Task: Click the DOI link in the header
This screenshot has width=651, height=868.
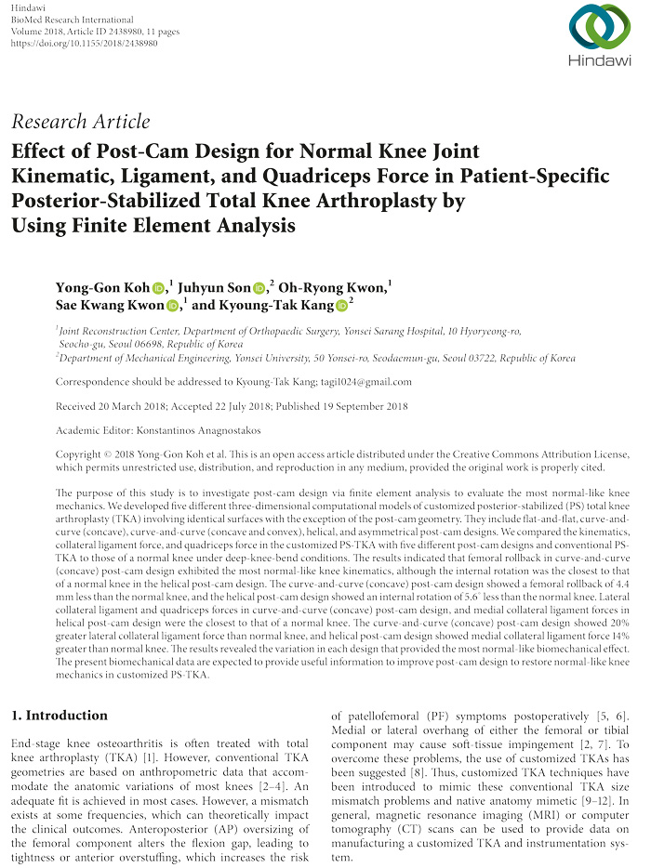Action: point(81,43)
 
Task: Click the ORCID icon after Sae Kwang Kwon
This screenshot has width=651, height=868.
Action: point(173,306)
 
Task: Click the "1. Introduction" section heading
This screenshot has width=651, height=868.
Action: point(59,716)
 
